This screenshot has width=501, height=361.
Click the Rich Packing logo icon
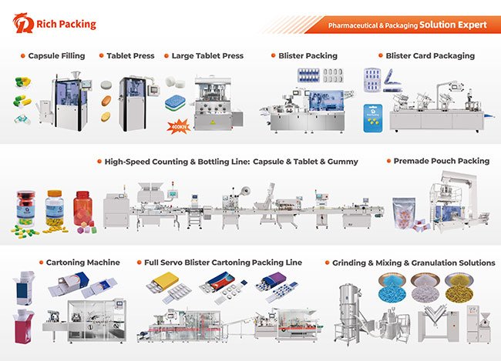pyautogui.click(x=23, y=25)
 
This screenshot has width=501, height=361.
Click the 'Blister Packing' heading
pyautogui.click(x=307, y=56)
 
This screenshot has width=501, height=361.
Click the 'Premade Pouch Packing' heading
pyautogui.click(x=441, y=162)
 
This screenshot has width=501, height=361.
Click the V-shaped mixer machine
pyautogui.click(x=432, y=323)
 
